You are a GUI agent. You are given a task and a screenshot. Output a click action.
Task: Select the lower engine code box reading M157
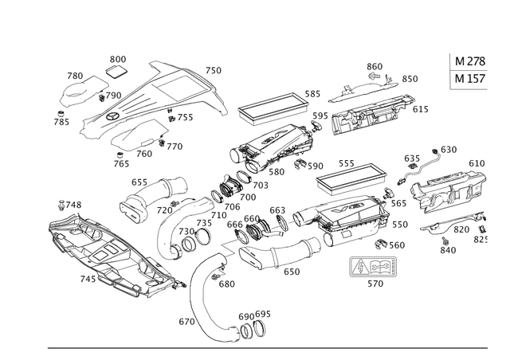coord(467,80)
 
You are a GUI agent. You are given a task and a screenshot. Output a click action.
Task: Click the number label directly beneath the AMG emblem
coord(370,282)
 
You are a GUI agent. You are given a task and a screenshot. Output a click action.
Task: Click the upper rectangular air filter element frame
coord(270,104)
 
